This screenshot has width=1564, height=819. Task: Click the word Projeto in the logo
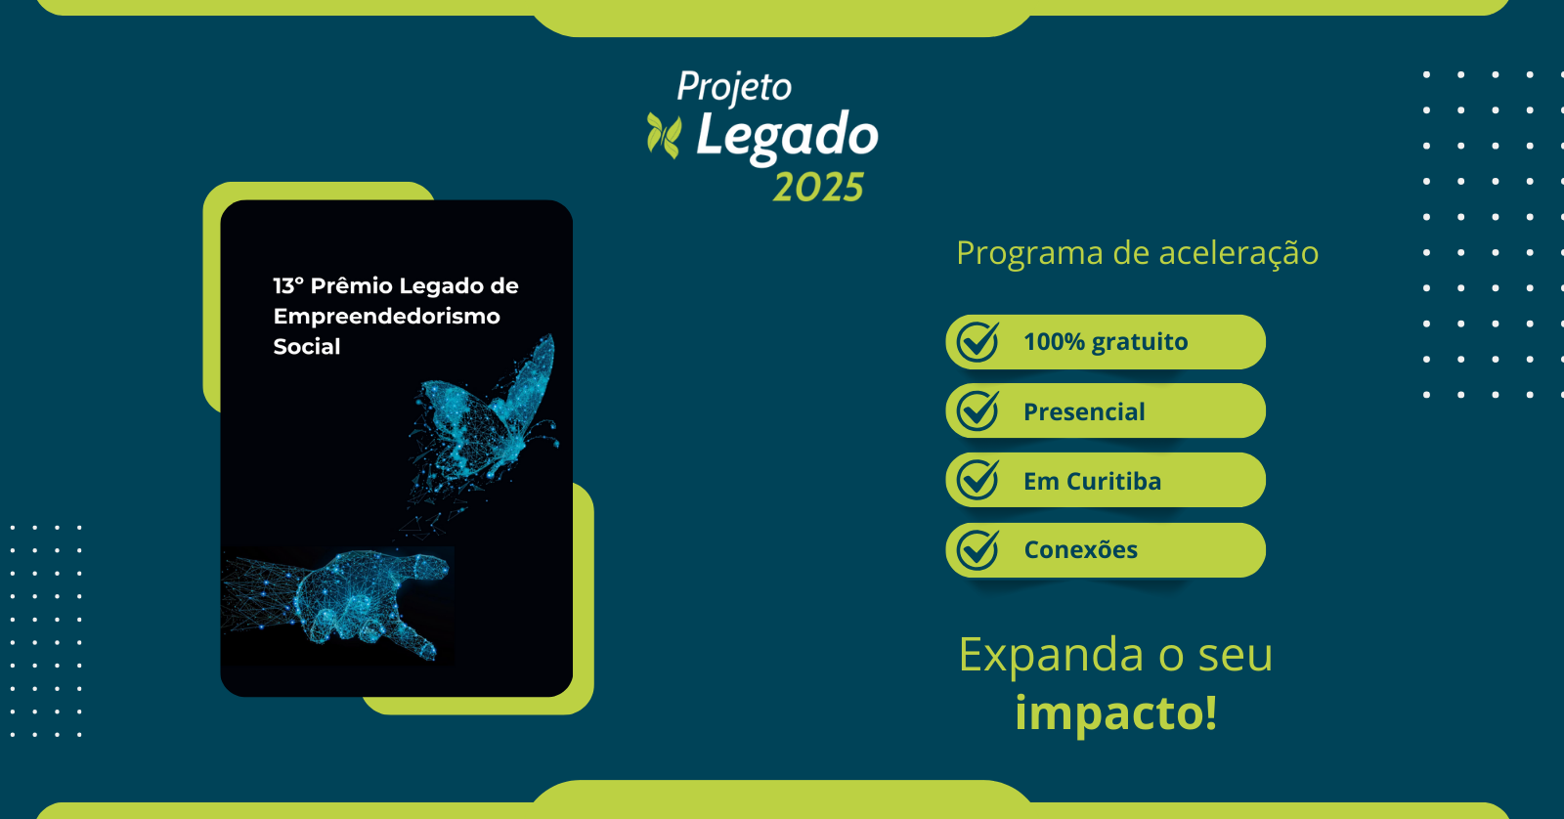point(734,88)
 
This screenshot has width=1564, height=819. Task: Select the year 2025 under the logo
point(818,187)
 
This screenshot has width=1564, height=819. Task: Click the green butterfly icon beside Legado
point(664,136)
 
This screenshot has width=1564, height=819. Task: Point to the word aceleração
point(1238,253)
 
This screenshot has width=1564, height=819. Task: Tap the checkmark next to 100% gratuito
point(977,341)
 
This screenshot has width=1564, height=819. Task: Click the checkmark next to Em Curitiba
point(977,480)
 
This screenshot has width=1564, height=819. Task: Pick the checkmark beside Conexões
point(977,549)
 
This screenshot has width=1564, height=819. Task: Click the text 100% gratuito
point(1106,342)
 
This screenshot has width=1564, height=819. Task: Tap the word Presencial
point(1084,411)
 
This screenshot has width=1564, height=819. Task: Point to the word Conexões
point(1080,549)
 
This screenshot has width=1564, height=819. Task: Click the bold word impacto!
point(1115,712)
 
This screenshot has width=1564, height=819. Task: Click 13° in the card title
point(288,285)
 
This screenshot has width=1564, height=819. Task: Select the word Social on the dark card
point(307,346)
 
